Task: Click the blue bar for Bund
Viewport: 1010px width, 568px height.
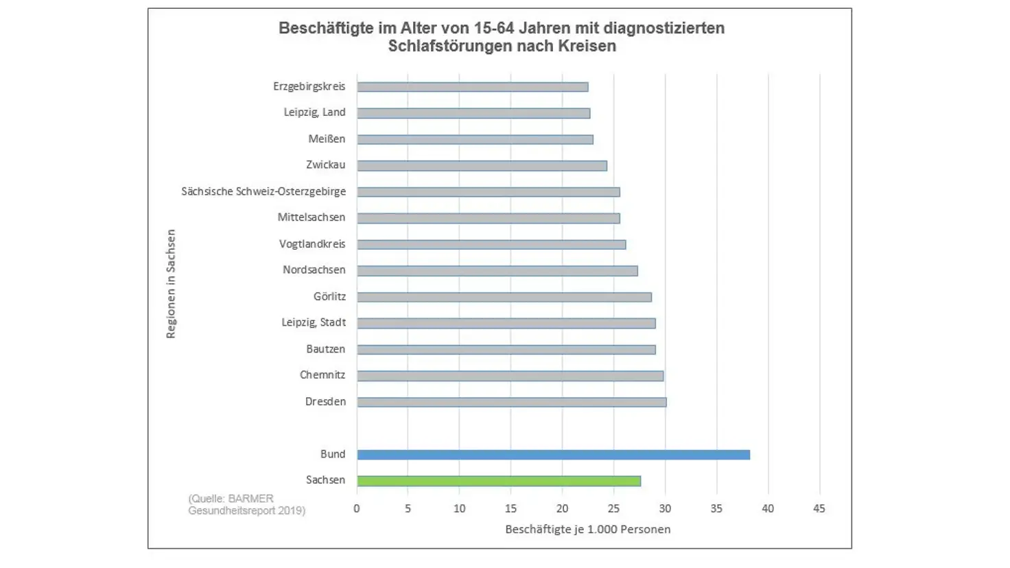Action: [553, 455]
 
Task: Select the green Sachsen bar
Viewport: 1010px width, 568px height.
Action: [499, 481]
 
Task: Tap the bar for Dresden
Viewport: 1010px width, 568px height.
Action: [511, 402]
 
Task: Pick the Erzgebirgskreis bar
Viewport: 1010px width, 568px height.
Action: [472, 87]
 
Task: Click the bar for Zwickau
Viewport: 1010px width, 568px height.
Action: [482, 166]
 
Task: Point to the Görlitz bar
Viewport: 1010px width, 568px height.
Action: [504, 297]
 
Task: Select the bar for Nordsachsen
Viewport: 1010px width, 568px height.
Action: [497, 271]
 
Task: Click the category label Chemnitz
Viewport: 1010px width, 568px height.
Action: [322, 375]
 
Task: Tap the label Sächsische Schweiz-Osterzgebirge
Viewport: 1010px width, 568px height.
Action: [263, 191]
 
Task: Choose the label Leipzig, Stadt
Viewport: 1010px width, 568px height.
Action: [314, 322]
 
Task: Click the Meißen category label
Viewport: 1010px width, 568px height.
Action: [327, 139]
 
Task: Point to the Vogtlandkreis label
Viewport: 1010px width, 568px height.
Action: [312, 244]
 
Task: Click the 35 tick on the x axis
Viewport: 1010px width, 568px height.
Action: [716, 509]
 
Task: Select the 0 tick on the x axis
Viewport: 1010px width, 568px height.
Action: [357, 509]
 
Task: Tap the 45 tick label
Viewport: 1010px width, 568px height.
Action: [819, 509]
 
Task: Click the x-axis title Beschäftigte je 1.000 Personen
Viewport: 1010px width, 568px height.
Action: [587, 530]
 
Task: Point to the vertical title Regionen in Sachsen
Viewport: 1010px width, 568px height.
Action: [171, 283]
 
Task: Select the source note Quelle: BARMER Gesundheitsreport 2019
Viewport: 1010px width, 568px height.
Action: [246, 504]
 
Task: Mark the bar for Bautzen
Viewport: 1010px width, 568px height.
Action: [506, 350]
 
